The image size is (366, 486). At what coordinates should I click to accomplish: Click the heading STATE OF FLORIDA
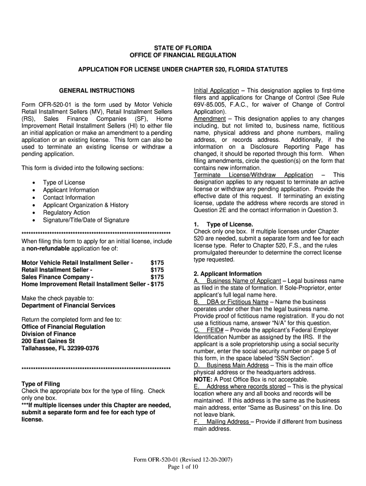[x=183, y=48]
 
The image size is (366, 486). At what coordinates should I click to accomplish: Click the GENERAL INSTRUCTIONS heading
[x=96, y=90]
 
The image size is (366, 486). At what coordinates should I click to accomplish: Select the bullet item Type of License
[x=64, y=182]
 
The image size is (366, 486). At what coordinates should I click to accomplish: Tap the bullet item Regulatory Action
[x=66, y=213]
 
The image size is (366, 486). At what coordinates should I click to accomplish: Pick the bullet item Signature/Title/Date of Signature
[x=86, y=220]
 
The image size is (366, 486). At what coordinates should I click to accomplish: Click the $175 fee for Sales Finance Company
[x=157, y=277]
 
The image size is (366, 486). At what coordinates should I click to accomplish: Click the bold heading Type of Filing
[x=41, y=383]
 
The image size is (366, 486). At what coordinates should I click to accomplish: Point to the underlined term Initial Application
[x=216, y=90]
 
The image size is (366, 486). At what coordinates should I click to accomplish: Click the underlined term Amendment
[x=209, y=119]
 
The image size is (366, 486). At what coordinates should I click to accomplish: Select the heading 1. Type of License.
[x=223, y=224]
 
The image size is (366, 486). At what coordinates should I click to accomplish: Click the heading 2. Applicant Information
[x=228, y=274]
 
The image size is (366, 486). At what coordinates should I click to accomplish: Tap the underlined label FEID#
[x=214, y=330]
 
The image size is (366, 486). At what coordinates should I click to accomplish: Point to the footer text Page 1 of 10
[x=183, y=467]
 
